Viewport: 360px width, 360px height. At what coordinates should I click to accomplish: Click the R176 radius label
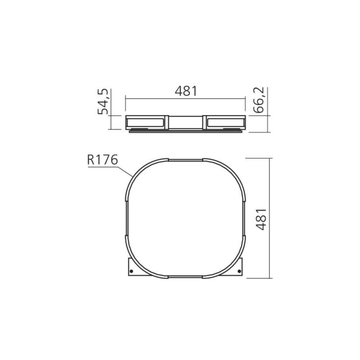[x=103, y=160]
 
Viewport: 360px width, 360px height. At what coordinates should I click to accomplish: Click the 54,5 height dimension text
[x=103, y=102]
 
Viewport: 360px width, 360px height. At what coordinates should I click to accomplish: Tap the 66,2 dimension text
[x=259, y=100]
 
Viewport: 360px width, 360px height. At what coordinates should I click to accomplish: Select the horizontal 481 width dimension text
[x=186, y=91]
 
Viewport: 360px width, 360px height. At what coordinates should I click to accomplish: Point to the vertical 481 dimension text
[x=261, y=219]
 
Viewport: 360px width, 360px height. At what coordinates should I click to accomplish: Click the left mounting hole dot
[x=131, y=271]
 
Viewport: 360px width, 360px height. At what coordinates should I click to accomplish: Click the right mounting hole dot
[x=239, y=271]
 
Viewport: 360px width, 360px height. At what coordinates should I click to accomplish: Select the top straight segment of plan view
[x=185, y=160]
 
